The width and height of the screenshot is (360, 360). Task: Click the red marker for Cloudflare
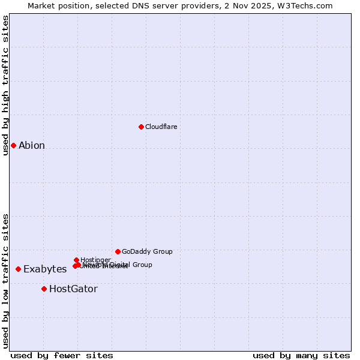click(141, 127)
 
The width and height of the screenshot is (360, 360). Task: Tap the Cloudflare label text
click(161, 127)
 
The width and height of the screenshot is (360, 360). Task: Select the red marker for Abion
click(13, 145)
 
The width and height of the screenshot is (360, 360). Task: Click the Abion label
click(32, 145)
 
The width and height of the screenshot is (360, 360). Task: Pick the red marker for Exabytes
click(18, 269)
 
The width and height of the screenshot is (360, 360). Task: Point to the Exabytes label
click(45, 269)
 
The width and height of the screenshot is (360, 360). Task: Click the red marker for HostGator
click(44, 289)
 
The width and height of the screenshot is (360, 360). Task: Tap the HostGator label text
click(73, 289)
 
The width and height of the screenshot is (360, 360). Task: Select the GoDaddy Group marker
click(118, 251)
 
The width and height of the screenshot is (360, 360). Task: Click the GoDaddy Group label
click(147, 251)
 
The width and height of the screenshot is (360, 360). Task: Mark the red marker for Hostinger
click(76, 260)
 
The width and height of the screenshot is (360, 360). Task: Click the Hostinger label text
click(95, 260)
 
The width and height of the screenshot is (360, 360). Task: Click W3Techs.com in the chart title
click(309, 5)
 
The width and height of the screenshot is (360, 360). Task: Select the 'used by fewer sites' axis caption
click(62, 356)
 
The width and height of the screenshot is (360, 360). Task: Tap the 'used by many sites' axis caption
click(301, 356)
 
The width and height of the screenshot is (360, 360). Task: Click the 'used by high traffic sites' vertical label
click(5, 85)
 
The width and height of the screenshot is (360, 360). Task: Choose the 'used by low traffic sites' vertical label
click(5, 281)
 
